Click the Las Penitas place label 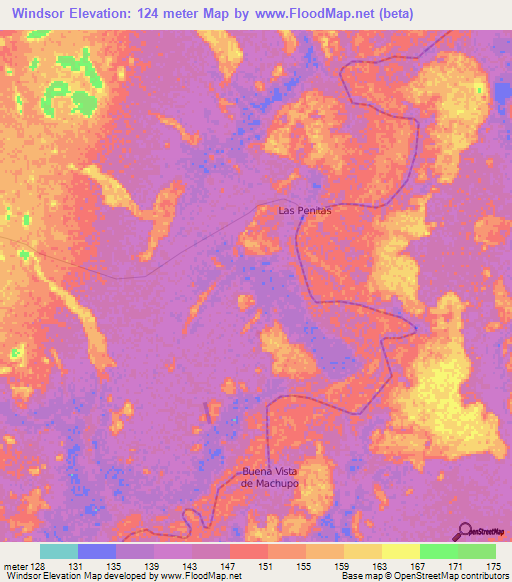pos(304,211)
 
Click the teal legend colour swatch pos(59,551)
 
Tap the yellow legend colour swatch pos(400,551)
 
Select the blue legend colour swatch pos(97,551)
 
